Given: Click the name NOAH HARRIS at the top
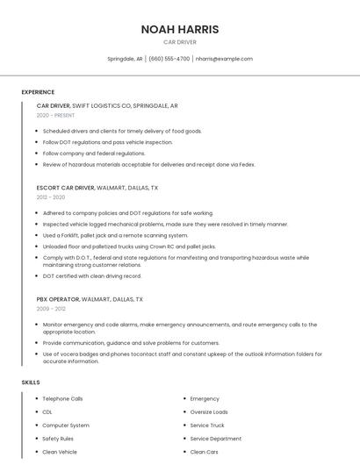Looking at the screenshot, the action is click(x=180, y=29).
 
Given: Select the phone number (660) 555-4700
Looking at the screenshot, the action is click(x=169, y=59).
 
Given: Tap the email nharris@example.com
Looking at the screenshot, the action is click(x=224, y=59).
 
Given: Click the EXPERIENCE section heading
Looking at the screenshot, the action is click(x=38, y=92).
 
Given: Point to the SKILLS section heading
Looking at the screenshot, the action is click(x=31, y=383).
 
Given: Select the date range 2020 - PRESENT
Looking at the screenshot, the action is click(x=55, y=115).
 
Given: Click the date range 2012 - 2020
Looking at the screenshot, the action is click(x=51, y=197).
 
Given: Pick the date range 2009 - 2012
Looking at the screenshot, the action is click(x=51, y=309).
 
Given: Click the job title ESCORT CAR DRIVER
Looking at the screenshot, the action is click(x=66, y=188).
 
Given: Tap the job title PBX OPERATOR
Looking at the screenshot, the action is click(x=58, y=299).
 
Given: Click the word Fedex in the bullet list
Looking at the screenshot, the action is click(x=246, y=164).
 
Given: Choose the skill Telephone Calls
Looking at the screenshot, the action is click(x=62, y=398).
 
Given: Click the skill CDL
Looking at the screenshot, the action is click(x=47, y=411).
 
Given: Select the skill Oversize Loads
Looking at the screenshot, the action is click(x=209, y=411).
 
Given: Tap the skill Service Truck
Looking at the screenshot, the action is click(x=207, y=426).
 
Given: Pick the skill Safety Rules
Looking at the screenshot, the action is click(x=58, y=439).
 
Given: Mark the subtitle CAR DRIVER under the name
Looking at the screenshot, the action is click(x=180, y=42).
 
